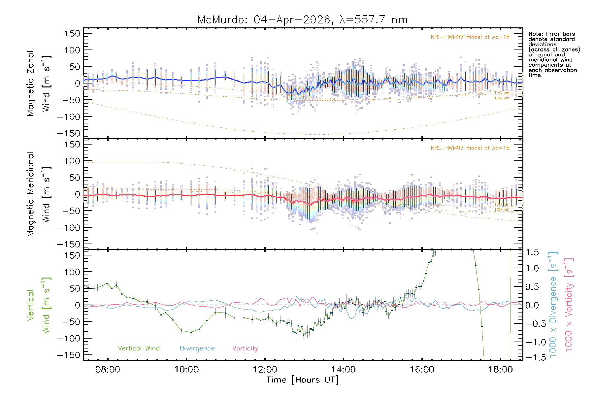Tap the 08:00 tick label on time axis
tap(108, 369)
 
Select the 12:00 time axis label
tap(265, 369)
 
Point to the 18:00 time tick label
tap(500, 369)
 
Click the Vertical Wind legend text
tap(139, 348)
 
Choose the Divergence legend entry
tap(197, 348)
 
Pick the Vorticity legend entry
tap(245, 348)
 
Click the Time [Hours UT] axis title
tap(303, 380)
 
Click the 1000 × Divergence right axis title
tap(553, 305)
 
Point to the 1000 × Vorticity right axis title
tap(569, 305)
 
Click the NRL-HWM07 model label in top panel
tap(470, 37)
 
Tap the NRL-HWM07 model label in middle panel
tap(470, 148)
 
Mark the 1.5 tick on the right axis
tap(532, 252)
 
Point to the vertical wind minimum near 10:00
tap(191, 332)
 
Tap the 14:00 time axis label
tap(344, 369)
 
